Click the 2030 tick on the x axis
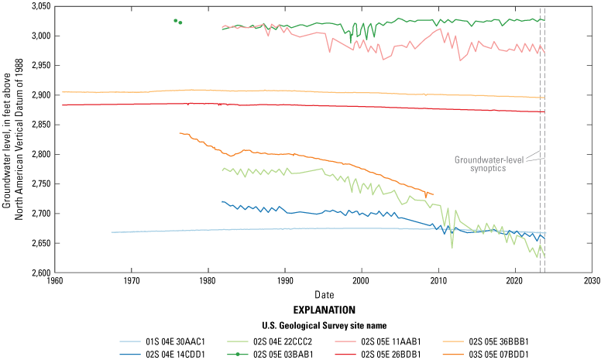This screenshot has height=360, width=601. pyautogui.click(x=592, y=273)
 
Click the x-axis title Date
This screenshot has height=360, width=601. pyautogui.click(x=323, y=295)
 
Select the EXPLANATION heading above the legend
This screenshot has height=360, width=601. pyautogui.click(x=323, y=308)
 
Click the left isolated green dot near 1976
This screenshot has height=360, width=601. pyautogui.click(x=176, y=20)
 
